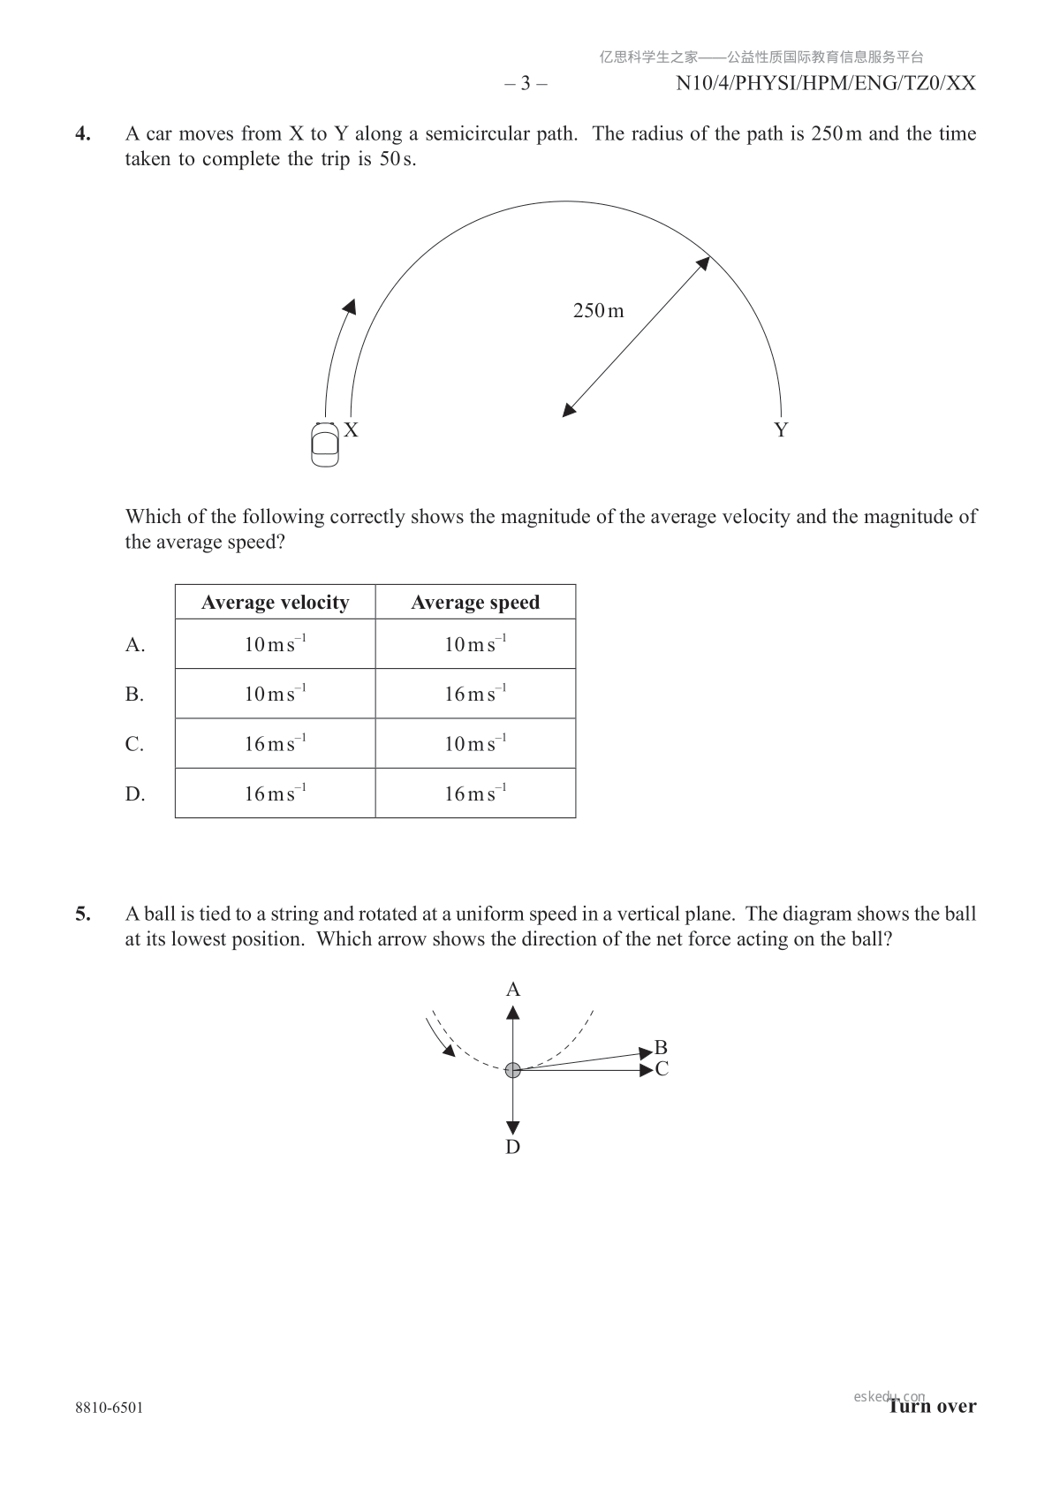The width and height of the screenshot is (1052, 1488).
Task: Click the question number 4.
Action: [82, 133]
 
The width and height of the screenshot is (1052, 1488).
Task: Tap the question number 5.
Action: [82, 914]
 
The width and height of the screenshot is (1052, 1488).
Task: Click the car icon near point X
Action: [325, 444]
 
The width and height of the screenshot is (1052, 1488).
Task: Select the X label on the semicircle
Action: [351, 430]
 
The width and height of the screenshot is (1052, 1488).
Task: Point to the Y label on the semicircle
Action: [781, 430]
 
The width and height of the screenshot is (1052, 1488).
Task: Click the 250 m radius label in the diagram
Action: [598, 310]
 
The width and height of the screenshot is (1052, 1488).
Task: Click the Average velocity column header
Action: [275, 603]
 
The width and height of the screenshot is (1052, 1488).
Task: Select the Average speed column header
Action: [475, 603]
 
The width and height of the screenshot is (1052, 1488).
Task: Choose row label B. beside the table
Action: [134, 695]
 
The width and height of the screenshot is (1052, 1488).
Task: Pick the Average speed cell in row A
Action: [475, 644]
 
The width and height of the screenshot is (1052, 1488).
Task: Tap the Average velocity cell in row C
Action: [275, 744]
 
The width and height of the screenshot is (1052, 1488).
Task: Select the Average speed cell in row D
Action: [475, 793]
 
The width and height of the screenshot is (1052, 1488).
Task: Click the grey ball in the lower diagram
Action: [512, 1070]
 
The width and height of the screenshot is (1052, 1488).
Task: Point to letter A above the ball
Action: [513, 990]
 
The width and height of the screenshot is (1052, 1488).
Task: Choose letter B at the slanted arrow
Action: [661, 1049]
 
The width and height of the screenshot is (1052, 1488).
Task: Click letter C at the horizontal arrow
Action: [662, 1069]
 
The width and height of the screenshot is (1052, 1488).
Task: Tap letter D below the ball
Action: [513, 1147]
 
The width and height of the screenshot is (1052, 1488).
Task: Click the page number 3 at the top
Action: [526, 84]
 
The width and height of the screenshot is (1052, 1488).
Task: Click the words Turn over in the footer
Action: [933, 1406]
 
